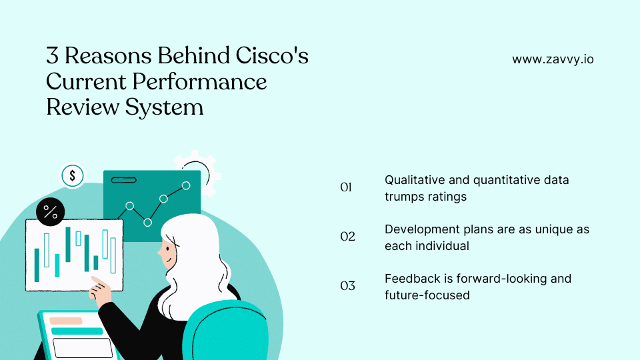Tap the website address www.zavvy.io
click(x=553, y=59)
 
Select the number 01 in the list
click(x=346, y=188)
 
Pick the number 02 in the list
click(x=347, y=237)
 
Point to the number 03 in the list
click(x=347, y=286)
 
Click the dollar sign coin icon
click(x=72, y=176)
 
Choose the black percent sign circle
click(x=51, y=212)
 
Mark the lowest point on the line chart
click(x=147, y=222)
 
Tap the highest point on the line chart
click(x=186, y=185)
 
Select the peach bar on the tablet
click(x=66, y=321)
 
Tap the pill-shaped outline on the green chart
click(x=123, y=180)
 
